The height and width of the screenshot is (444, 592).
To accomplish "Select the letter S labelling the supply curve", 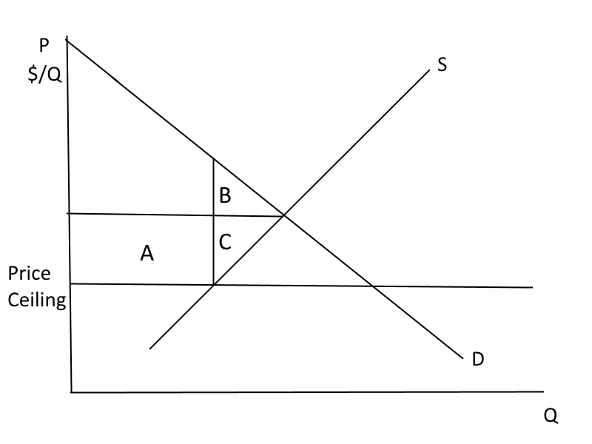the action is point(442,65).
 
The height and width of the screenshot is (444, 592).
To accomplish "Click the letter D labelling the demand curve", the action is point(478,360).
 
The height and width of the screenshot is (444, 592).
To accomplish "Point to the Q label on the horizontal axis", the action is point(549,417).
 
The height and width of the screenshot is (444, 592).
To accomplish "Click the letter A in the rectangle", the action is point(147,255).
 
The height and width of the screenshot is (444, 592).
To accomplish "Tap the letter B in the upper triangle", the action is point(225,196).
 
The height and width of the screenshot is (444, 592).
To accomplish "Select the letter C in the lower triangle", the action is point(226,240).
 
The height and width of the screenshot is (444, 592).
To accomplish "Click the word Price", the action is point(30,274).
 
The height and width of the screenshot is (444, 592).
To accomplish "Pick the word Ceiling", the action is point(37,301).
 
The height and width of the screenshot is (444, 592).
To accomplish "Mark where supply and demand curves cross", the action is point(284,216).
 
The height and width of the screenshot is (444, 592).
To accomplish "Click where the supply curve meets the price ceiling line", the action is point(214,285).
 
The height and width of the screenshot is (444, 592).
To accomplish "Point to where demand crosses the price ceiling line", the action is point(374,286).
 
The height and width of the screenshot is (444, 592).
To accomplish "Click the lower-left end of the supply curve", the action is point(149,348).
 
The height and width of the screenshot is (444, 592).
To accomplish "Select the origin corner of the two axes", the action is point(72,391).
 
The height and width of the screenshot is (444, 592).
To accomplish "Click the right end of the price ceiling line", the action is point(533,287).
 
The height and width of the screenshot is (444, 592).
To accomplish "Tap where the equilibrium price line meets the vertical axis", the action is point(68,213).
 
